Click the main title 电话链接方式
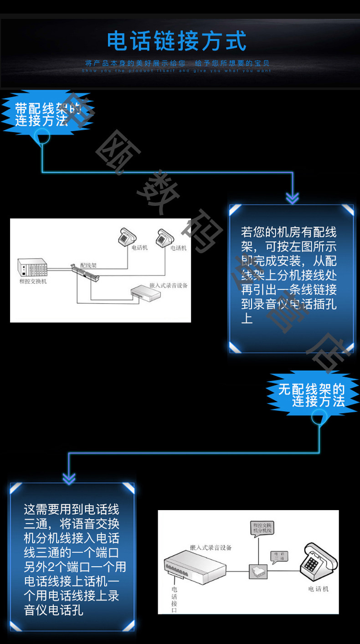(x=177, y=41)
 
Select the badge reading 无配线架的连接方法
(x=312, y=395)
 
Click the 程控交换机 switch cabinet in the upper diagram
(x=32, y=267)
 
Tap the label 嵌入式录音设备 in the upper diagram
(x=168, y=286)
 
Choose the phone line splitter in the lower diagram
(x=258, y=571)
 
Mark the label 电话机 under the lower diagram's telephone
(x=318, y=589)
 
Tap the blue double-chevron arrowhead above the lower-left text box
(x=69, y=478)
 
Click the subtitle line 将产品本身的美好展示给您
(x=136, y=63)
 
